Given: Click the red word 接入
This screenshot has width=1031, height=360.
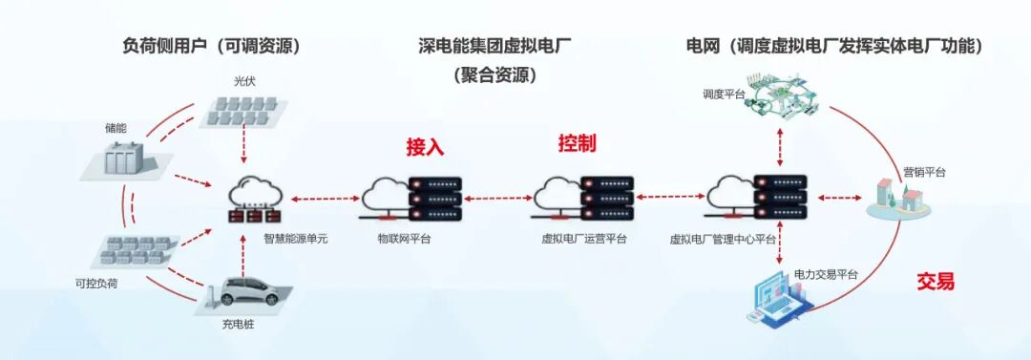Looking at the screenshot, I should click(425, 147).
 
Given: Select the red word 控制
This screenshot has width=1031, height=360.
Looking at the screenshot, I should click(577, 144).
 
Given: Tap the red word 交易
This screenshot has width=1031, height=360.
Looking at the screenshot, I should click(936, 282).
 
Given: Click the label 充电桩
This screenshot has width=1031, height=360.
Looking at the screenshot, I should click(238, 324).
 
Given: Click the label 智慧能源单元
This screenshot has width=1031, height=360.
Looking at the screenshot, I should click(296, 239).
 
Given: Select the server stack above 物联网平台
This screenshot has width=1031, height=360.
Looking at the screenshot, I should click(436, 198).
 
